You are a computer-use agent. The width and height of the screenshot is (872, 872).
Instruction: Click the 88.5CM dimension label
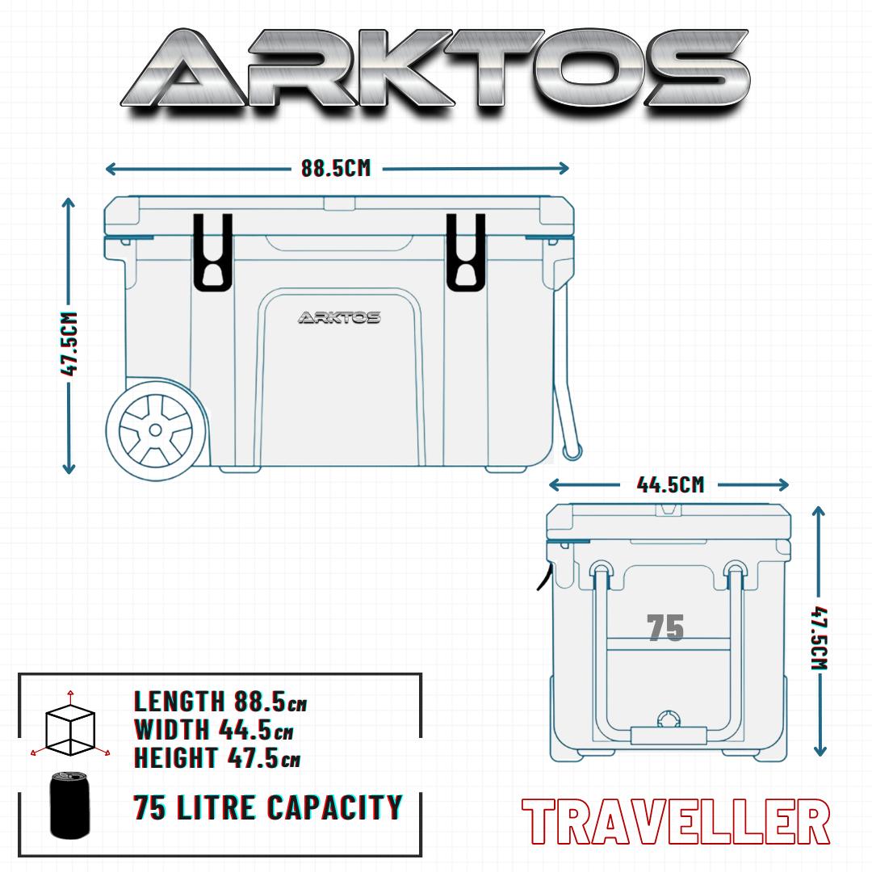click(x=336, y=168)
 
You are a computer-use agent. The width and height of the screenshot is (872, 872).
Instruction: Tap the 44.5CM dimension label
click(x=670, y=485)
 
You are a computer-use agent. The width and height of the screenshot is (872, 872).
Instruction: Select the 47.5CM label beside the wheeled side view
click(x=69, y=344)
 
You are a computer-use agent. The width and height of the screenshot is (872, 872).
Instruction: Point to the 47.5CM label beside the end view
click(x=819, y=638)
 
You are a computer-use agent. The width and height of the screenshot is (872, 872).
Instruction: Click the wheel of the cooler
click(x=156, y=430)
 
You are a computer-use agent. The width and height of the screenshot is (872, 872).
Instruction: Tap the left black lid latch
click(x=212, y=253)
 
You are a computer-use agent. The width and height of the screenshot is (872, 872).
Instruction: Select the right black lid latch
click(x=466, y=253)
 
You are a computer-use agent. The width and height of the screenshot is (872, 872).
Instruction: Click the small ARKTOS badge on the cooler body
click(x=339, y=317)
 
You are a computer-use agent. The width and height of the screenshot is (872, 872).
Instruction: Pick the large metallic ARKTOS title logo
click(x=435, y=69)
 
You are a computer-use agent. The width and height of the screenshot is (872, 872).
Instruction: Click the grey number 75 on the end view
click(x=665, y=627)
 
